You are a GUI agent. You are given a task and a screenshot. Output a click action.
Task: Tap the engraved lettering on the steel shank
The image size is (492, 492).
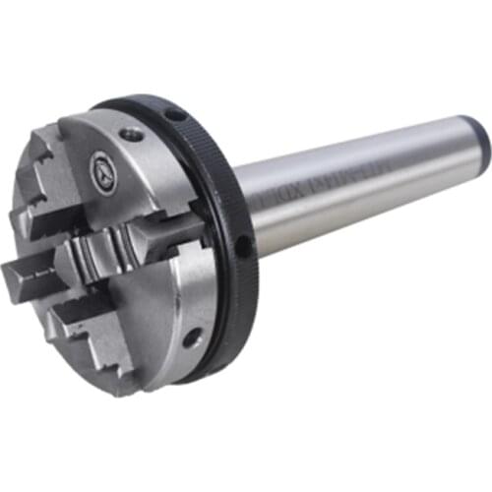pos(325,198)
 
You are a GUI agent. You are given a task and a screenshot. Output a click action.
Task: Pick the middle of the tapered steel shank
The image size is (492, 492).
pos(354,187)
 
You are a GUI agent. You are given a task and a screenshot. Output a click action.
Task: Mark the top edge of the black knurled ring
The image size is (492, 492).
pos(148,101)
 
